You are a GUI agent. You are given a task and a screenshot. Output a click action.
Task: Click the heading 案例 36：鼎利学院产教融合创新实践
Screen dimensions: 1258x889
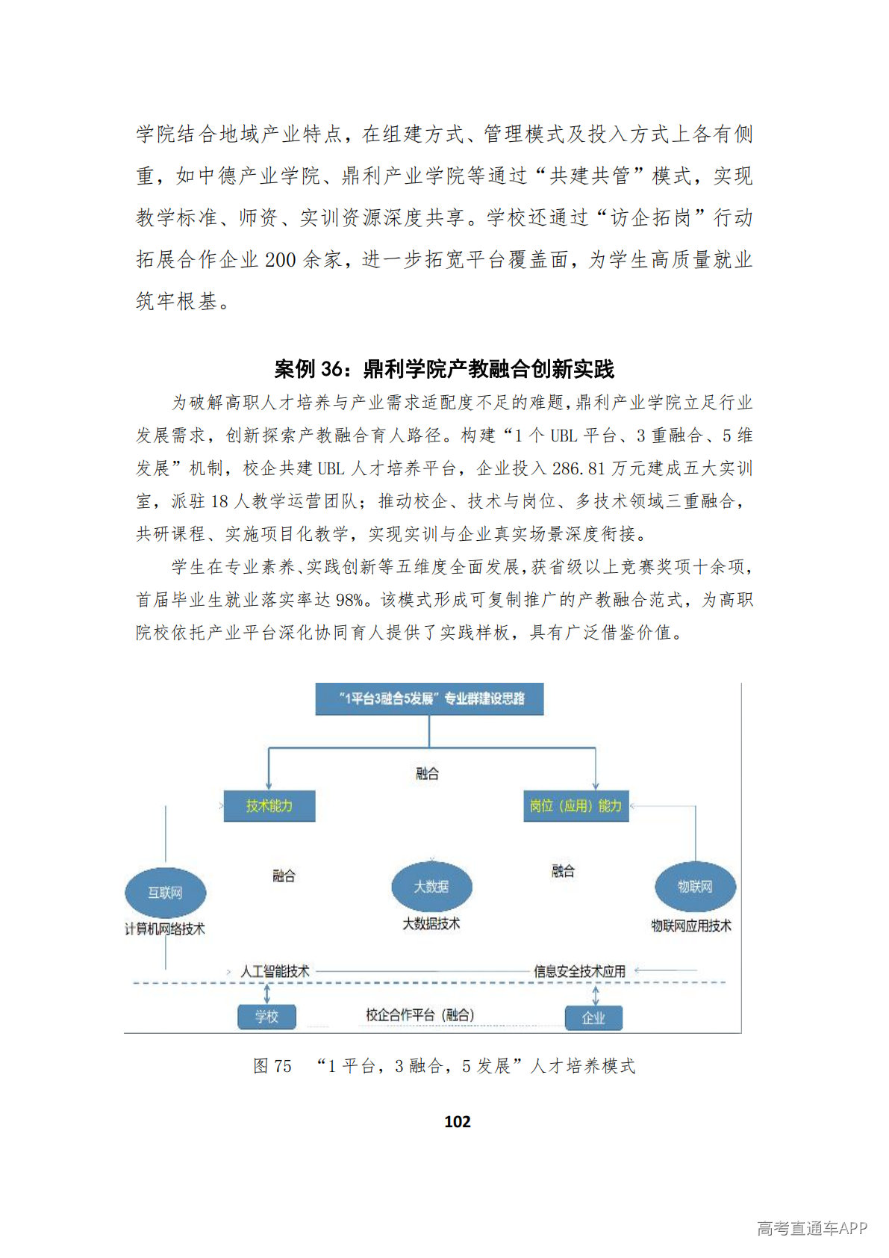point(444,369)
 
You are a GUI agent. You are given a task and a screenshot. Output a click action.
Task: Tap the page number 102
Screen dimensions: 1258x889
point(457,1121)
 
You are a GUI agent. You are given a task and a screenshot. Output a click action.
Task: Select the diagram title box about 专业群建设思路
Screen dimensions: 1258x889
point(429,699)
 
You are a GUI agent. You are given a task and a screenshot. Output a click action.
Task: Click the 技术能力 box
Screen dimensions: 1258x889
point(269,806)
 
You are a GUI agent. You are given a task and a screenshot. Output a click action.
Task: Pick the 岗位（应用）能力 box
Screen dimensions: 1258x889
point(575,806)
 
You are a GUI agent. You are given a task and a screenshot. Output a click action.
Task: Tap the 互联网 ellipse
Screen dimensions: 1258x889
point(165,893)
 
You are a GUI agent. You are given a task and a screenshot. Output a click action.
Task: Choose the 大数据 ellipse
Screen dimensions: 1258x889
point(431,887)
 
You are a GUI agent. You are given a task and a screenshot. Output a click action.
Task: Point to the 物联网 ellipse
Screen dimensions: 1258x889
point(695,887)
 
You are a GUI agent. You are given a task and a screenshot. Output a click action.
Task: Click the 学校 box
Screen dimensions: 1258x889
point(266,1017)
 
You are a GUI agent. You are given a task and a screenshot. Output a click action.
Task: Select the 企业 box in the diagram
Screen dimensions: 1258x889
point(593,1017)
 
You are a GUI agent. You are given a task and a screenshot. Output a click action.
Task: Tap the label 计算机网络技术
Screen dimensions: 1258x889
point(164,929)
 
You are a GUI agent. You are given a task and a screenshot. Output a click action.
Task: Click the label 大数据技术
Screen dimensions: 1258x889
point(431,924)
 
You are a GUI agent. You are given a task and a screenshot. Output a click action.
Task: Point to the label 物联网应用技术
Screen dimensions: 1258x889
point(691,926)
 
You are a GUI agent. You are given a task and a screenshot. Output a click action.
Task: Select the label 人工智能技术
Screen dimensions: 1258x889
point(275,971)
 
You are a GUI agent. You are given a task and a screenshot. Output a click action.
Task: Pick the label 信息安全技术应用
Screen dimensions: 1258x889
point(579,971)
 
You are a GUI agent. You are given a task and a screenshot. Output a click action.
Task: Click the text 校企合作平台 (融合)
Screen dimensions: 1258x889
point(419,1014)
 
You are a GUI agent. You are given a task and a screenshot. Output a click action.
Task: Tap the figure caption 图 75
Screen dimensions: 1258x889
point(272,1066)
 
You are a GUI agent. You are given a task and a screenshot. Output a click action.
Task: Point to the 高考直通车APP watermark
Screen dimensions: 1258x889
point(811,1229)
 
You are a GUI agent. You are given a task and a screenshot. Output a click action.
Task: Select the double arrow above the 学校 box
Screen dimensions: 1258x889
point(266,994)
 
